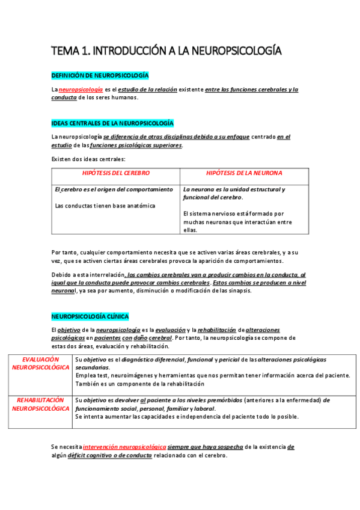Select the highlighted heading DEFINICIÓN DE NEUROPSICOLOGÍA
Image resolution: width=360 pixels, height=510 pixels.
coord(100,75)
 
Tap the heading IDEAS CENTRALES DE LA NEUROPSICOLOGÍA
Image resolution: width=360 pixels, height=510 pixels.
coord(113,123)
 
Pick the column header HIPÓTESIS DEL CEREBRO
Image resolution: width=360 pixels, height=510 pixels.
coord(116,173)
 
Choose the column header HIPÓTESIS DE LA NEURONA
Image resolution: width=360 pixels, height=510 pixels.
coord(244,173)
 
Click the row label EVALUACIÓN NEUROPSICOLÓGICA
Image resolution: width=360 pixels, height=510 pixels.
coord(40,363)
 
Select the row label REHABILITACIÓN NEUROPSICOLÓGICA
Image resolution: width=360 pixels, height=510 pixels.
coord(40,404)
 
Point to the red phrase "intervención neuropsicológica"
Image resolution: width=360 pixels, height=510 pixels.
coord(124,447)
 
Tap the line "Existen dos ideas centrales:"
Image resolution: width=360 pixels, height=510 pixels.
coord(88,159)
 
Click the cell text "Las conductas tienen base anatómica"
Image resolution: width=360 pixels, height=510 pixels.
coord(105,206)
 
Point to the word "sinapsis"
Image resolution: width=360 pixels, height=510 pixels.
coord(239,291)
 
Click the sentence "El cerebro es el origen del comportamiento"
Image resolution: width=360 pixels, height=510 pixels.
coord(114,189)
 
